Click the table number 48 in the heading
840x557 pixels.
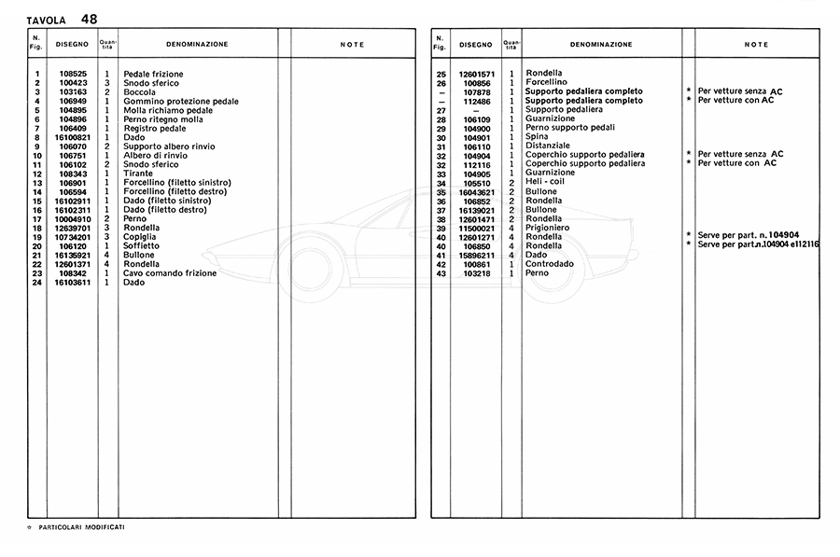[89, 19]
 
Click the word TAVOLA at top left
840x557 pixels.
[47, 20]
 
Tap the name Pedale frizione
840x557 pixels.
[153, 75]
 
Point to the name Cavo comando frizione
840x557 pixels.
[170, 273]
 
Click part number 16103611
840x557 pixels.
[74, 283]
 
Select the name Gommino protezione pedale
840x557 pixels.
[180, 102]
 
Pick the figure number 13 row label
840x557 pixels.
[37, 183]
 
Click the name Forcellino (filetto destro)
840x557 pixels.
[176, 192]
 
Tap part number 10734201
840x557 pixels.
[74, 237]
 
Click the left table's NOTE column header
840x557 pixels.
[352, 45]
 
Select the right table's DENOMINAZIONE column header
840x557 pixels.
[601, 45]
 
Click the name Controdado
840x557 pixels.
[550, 264]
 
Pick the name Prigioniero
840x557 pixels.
[548, 228]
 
